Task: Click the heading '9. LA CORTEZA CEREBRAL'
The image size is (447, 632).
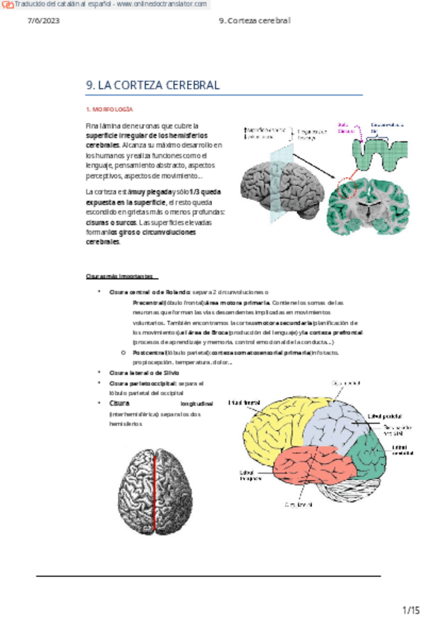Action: point(153,86)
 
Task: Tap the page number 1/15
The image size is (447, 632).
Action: point(411,610)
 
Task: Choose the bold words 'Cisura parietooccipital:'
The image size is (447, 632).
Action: point(143,382)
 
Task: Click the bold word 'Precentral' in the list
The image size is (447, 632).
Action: point(148,303)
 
